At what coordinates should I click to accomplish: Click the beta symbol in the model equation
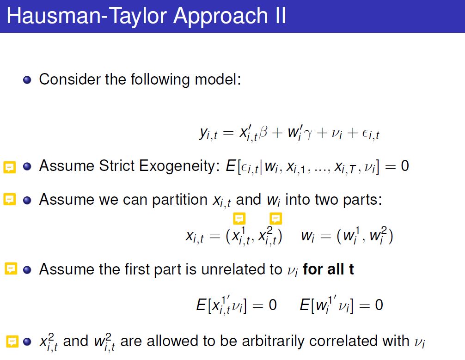pyautogui.click(x=263, y=132)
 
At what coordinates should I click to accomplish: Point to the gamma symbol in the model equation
pyautogui.click(x=308, y=134)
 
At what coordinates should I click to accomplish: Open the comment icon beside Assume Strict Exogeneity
pyautogui.click(x=9, y=167)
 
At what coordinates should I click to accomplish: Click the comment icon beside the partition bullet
pyautogui.click(x=9, y=199)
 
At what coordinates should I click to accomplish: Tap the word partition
pyautogui.click(x=180, y=200)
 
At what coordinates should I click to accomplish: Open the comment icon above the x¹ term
pyautogui.click(x=239, y=219)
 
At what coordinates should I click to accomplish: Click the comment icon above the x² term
pyautogui.click(x=275, y=219)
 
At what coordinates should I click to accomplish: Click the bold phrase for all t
pyautogui.click(x=328, y=269)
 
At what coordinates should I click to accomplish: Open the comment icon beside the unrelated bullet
pyautogui.click(x=11, y=268)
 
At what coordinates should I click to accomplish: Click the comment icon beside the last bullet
pyautogui.click(x=12, y=342)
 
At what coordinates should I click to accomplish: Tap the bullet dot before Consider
pyautogui.click(x=27, y=80)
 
